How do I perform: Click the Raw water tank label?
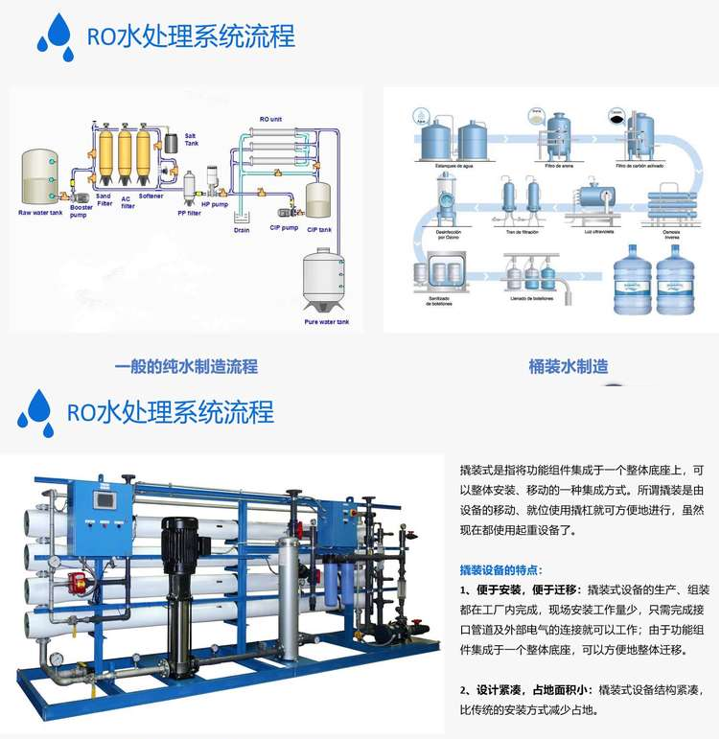click(40, 212)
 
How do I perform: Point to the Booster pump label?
click(81, 212)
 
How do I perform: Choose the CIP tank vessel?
click(318, 198)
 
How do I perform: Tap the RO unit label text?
click(270, 119)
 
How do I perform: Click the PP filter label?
click(188, 213)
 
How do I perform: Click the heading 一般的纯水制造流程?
click(186, 366)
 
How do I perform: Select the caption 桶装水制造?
click(569, 366)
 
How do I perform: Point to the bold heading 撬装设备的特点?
click(501, 569)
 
